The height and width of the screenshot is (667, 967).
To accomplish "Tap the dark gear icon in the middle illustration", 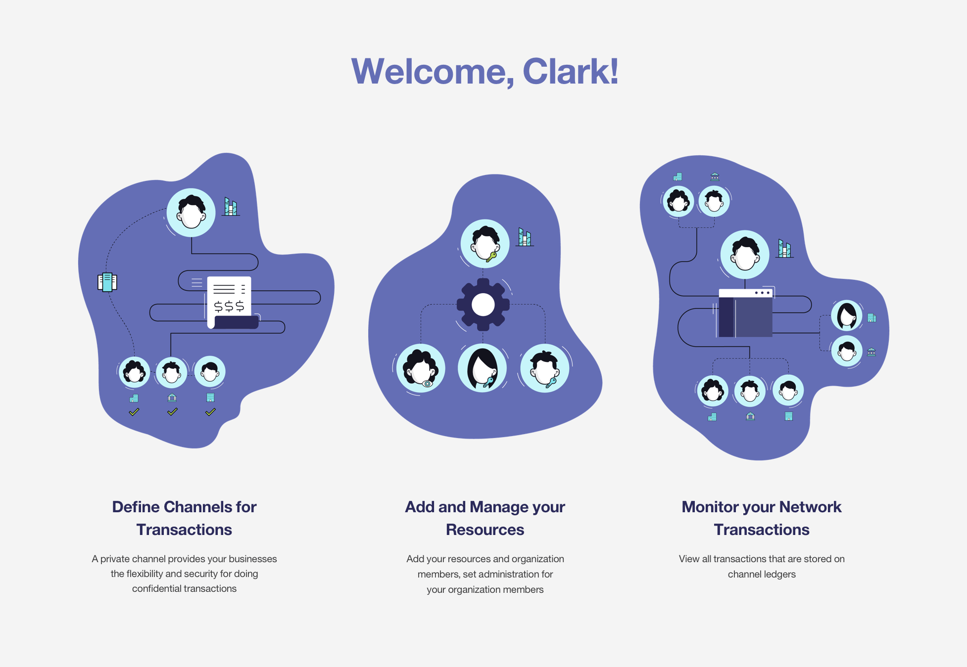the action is pyautogui.click(x=483, y=305).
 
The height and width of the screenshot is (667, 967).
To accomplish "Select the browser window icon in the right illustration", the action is pyautogui.click(x=745, y=313).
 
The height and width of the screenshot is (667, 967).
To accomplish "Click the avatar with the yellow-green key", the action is pyautogui.click(x=485, y=244).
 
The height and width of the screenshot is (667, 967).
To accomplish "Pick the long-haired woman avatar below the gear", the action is pyautogui.click(x=483, y=368).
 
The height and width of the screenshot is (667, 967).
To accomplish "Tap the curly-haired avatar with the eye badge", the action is pyautogui.click(x=421, y=368).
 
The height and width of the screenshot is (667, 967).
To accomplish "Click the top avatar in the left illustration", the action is pyautogui.click(x=191, y=213).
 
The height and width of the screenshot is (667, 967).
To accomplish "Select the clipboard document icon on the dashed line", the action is pyautogui.click(x=107, y=282).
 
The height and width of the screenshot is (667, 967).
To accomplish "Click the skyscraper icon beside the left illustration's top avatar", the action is pyautogui.click(x=231, y=207).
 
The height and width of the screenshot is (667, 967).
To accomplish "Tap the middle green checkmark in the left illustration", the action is pyautogui.click(x=172, y=412).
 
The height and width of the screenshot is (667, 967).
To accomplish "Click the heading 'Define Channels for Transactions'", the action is pyautogui.click(x=184, y=518).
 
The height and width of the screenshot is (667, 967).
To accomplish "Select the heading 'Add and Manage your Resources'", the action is pyautogui.click(x=485, y=518).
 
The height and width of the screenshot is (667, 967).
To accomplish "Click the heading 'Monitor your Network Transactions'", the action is pyautogui.click(x=762, y=518).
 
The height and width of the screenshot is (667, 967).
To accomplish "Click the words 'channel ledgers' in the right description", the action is pyautogui.click(x=762, y=574).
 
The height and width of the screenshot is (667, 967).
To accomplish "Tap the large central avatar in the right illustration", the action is pyautogui.click(x=745, y=255).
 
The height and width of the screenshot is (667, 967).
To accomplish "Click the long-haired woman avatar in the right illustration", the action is pyautogui.click(x=847, y=315).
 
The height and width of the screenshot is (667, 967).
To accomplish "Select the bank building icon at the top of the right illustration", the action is pyautogui.click(x=715, y=177).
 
